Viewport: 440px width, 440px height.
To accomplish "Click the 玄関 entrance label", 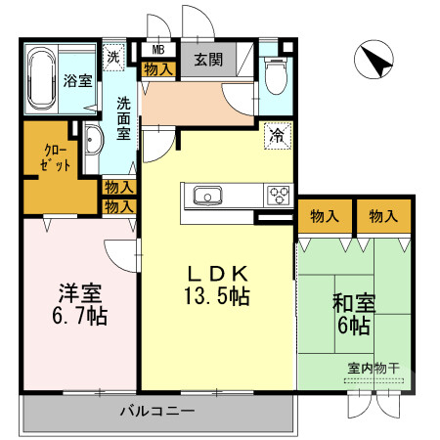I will (207, 60).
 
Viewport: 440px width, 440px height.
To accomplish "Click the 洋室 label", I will (80, 293).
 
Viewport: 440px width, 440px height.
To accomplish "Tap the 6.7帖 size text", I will (80, 316).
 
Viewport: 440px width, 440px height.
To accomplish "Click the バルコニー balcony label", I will (157, 410).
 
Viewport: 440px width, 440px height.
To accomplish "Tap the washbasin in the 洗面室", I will (93, 144).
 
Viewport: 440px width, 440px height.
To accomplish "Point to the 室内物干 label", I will (374, 368).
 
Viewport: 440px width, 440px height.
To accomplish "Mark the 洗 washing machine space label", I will (114, 58).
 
